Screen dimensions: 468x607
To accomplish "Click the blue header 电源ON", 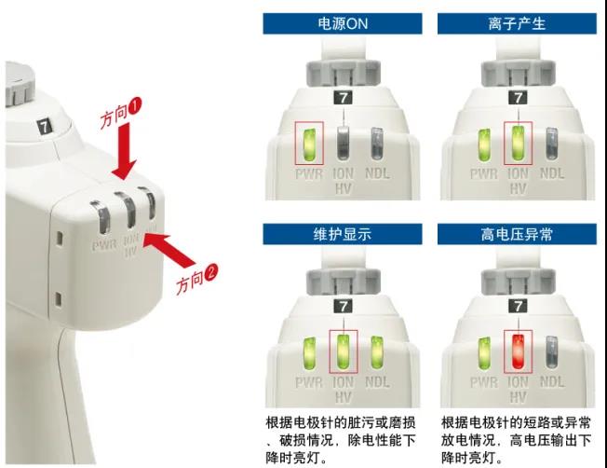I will click(x=344, y=23).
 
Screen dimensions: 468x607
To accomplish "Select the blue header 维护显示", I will click(x=344, y=234).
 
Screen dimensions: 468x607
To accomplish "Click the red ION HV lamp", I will click(x=519, y=353).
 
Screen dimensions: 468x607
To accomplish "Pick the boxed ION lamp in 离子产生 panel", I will click(x=519, y=144).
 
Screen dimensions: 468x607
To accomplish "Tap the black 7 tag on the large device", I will click(x=44, y=124).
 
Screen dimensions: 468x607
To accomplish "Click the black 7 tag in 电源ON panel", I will click(x=344, y=98).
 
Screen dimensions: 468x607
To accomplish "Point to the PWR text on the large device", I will click(x=104, y=247).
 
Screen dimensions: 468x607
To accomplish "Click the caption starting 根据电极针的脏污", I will click(x=339, y=439).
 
